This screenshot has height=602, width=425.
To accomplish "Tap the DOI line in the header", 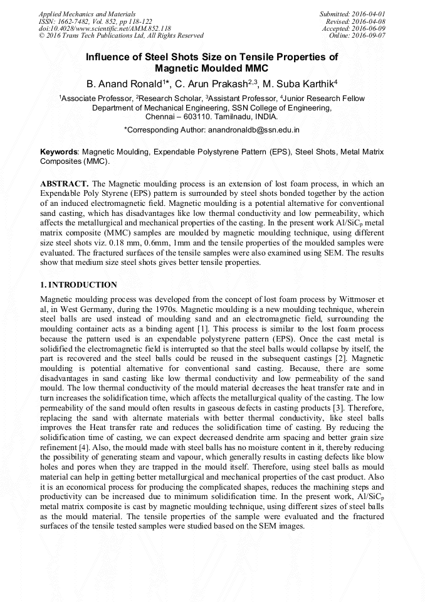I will click(105, 28).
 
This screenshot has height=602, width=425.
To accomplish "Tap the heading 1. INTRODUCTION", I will click(78, 285).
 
